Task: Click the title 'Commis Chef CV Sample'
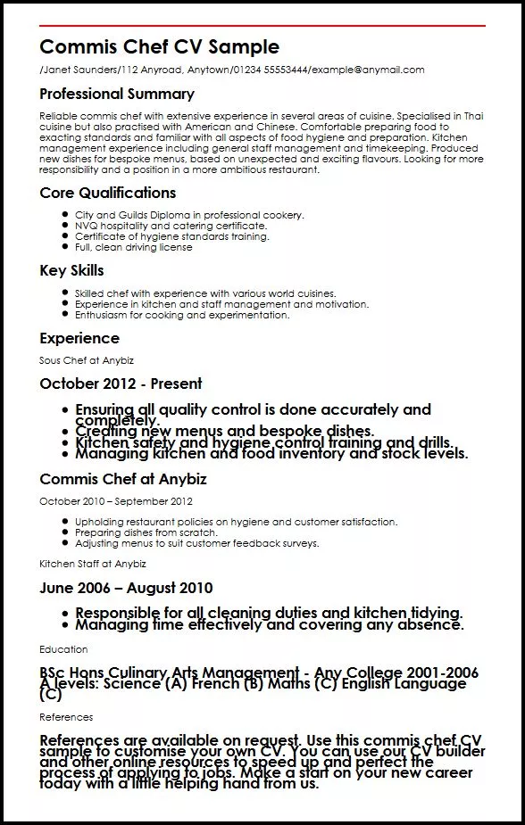tap(159, 47)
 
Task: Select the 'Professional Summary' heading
tap(117, 94)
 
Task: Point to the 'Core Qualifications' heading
tap(107, 193)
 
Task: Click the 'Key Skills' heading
tap(71, 270)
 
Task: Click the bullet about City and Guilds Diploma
tap(189, 216)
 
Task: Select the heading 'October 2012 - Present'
tap(121, 384)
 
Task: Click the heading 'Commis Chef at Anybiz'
tap(122, 479)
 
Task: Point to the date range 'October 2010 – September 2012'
tap(115, 501)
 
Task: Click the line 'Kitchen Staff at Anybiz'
tap(92, 564)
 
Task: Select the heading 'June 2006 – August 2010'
tap(126, 588)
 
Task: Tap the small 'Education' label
tap(63, 649)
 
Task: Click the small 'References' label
tap(66, 717)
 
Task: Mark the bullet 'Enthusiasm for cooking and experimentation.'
tap(182, 315)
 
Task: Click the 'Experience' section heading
tap(79, 338)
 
